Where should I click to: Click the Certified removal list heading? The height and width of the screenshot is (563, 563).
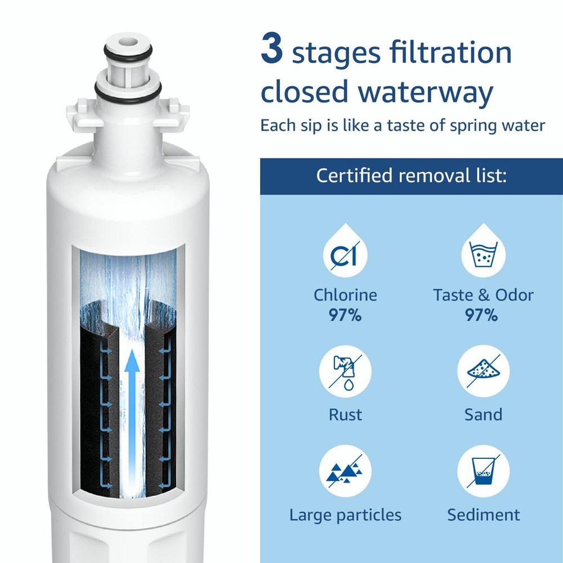[x=412, y=175]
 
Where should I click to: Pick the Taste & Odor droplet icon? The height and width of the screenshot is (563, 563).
[x=482, y=253]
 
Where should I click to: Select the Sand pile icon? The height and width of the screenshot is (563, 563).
[x=482, y=371]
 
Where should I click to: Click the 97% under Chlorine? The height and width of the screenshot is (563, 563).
[x=345, y=315]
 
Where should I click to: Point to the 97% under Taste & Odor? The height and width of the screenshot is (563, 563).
[x=482, y=315]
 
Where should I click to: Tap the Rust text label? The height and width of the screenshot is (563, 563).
[x=345, y=415]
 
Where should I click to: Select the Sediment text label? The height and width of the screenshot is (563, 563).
[x=483, y=515]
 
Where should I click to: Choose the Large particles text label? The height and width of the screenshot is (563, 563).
[x=345, y=515]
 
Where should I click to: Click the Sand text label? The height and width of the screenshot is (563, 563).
[x=483, y=415]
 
